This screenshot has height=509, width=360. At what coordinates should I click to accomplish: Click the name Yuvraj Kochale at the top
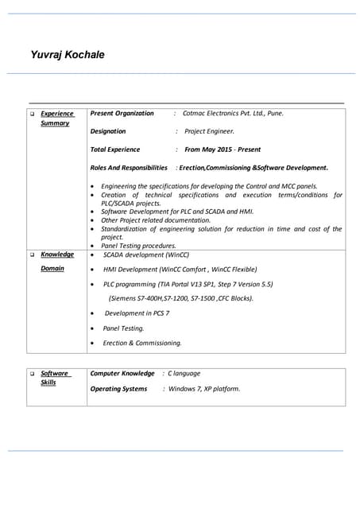(x=68, y=55)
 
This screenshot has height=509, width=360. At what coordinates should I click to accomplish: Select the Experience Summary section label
(x=56, y=118)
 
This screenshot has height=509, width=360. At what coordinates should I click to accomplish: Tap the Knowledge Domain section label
(x=56, y=261)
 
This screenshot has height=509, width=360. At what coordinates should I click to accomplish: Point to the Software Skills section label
(x=54, y=377)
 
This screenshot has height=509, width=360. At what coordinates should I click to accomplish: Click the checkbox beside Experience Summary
(x=33, y=114)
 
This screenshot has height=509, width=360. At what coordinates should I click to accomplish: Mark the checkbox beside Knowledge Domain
(x=33, y=254)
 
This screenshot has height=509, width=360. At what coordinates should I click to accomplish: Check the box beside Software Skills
(x=33, y=373)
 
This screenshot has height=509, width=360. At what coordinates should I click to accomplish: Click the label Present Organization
(x=122, y=113)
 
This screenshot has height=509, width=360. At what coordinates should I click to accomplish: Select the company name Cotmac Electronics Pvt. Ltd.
(x=233, y=113)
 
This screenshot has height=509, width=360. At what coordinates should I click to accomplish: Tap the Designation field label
(x=108, y=131)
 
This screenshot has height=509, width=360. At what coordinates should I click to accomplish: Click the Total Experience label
(x=115, y=150)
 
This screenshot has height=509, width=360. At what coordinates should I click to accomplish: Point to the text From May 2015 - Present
(x=223, y=150)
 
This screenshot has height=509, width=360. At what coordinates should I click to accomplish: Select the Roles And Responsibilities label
(x=129, y=168)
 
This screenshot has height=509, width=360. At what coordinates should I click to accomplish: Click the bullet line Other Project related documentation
(x=156, y=220)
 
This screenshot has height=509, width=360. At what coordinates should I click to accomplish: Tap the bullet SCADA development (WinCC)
(x=146, y=254)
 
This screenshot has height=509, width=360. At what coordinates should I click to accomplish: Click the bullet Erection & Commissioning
(x=142, y=343)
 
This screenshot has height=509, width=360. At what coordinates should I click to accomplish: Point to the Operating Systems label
(x=118, y=389)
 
